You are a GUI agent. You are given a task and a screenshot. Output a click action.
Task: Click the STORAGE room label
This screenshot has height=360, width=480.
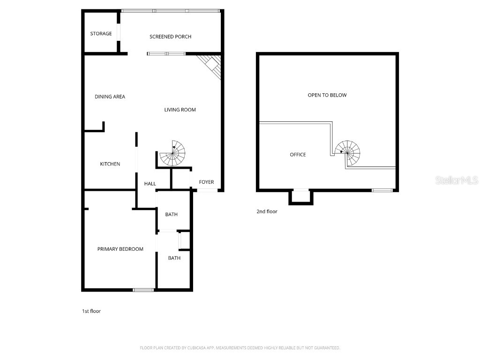tap(101, 34)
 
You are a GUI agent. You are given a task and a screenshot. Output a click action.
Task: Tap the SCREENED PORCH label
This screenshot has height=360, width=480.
tap(170, 37)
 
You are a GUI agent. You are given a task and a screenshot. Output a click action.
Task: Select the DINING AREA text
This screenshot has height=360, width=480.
tap(110, 97)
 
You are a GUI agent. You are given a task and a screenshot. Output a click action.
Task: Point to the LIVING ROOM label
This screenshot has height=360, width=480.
tap(180, 110)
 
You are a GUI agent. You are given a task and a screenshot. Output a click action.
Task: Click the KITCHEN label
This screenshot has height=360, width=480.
tap(110, 164)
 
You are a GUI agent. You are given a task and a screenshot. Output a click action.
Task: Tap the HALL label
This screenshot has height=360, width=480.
tap(150, 184)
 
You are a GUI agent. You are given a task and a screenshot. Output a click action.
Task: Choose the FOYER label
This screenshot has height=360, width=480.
tap(206, 182)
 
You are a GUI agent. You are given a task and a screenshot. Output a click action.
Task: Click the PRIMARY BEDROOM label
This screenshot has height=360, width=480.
tap(120, 249)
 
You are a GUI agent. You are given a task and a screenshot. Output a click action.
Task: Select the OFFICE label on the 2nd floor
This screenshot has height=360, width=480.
tap(298, 155)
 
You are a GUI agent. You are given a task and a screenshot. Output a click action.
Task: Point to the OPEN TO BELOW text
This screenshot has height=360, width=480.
tap(327, 95)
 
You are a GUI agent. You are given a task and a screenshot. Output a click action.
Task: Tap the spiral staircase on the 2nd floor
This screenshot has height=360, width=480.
tap(348, 152)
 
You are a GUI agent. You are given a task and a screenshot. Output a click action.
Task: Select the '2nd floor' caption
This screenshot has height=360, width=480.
tap(267, 211)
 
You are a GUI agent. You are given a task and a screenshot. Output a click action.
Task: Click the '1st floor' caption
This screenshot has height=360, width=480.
tap(91, 311)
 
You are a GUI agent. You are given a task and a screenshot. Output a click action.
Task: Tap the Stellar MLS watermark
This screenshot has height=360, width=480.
tap(457, 180)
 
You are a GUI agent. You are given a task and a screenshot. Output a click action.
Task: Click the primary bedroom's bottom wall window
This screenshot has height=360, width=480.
tap(143, 290)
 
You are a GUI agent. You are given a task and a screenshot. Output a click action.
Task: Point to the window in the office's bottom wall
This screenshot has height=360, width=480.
tap(382, 190)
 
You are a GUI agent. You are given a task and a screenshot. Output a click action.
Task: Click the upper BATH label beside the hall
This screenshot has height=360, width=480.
tap(171, 215)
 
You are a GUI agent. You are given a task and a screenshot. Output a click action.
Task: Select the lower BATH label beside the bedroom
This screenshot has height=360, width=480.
tap(174, 258)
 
